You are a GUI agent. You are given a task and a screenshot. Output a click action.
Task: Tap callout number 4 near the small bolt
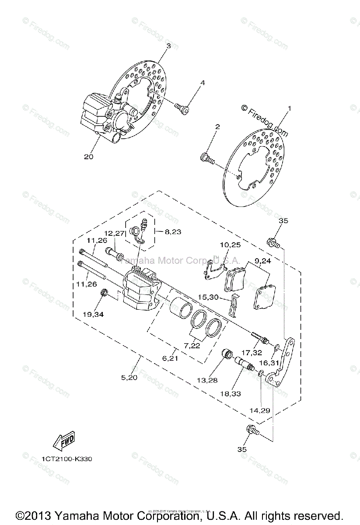(x=203, y=83)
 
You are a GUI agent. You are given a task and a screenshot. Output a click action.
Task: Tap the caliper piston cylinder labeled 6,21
(x=180, y=306)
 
